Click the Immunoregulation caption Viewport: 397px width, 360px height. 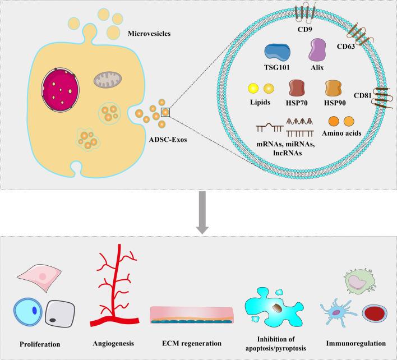356,343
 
